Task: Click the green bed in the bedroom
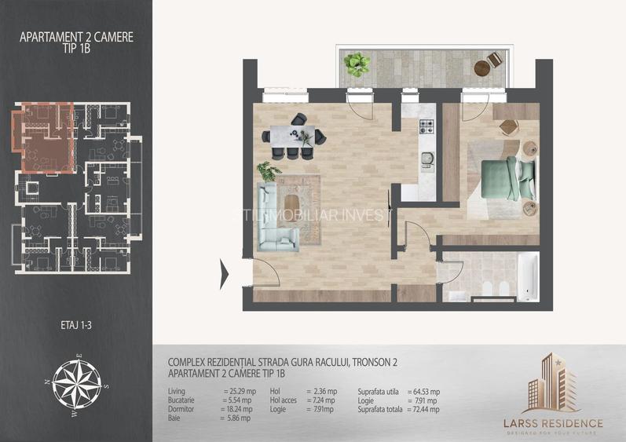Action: (507, 178)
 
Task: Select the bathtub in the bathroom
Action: (528, 276)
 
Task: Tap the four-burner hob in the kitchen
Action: (426, 126)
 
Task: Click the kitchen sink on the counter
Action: (427, 159)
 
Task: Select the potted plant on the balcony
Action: (359, 62)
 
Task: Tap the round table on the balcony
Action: (493, 60)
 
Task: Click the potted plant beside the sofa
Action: (269, 170)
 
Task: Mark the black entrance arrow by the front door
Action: (225, 272)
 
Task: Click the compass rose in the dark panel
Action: (77, 385)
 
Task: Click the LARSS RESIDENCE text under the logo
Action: (553, 423)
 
